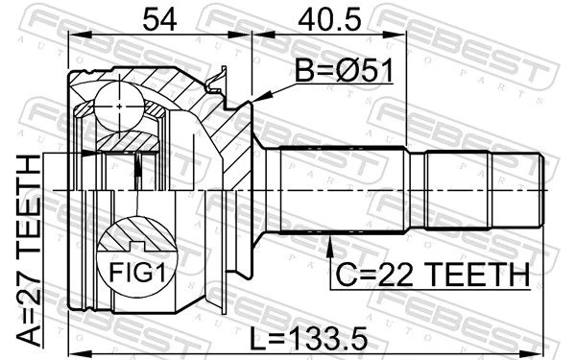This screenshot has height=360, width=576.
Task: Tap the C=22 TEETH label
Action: tap(433, 275)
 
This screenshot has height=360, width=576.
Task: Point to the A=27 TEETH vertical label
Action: tap(29, 251)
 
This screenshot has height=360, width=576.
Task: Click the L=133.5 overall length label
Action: tap(308, 338)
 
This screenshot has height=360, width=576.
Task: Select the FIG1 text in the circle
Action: tap(137, 273)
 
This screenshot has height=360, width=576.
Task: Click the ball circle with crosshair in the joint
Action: tap(119, 107)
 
